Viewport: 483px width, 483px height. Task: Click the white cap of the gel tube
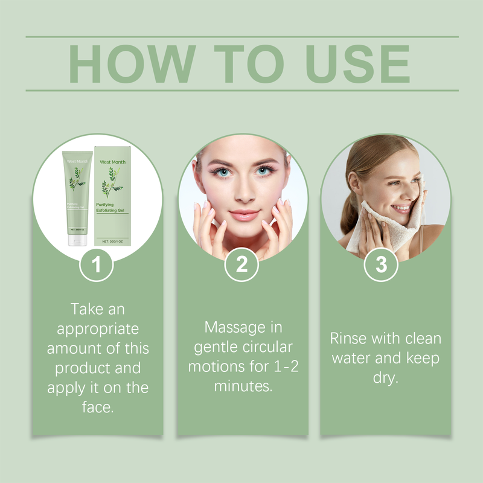(x=78, y=240)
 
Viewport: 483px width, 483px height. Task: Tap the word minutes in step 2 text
(x=240, y=386)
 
